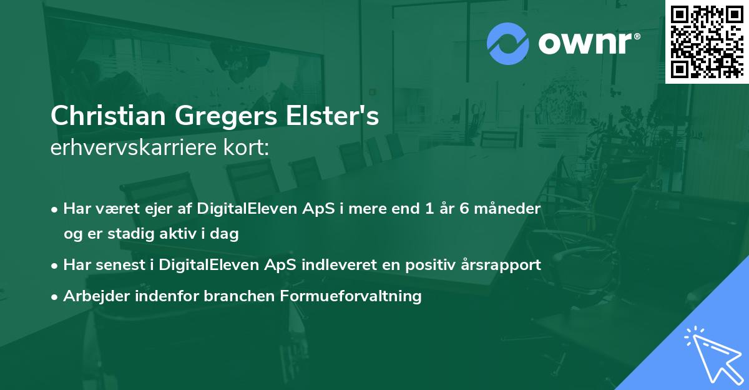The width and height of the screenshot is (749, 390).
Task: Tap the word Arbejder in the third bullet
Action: coord(92,296)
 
